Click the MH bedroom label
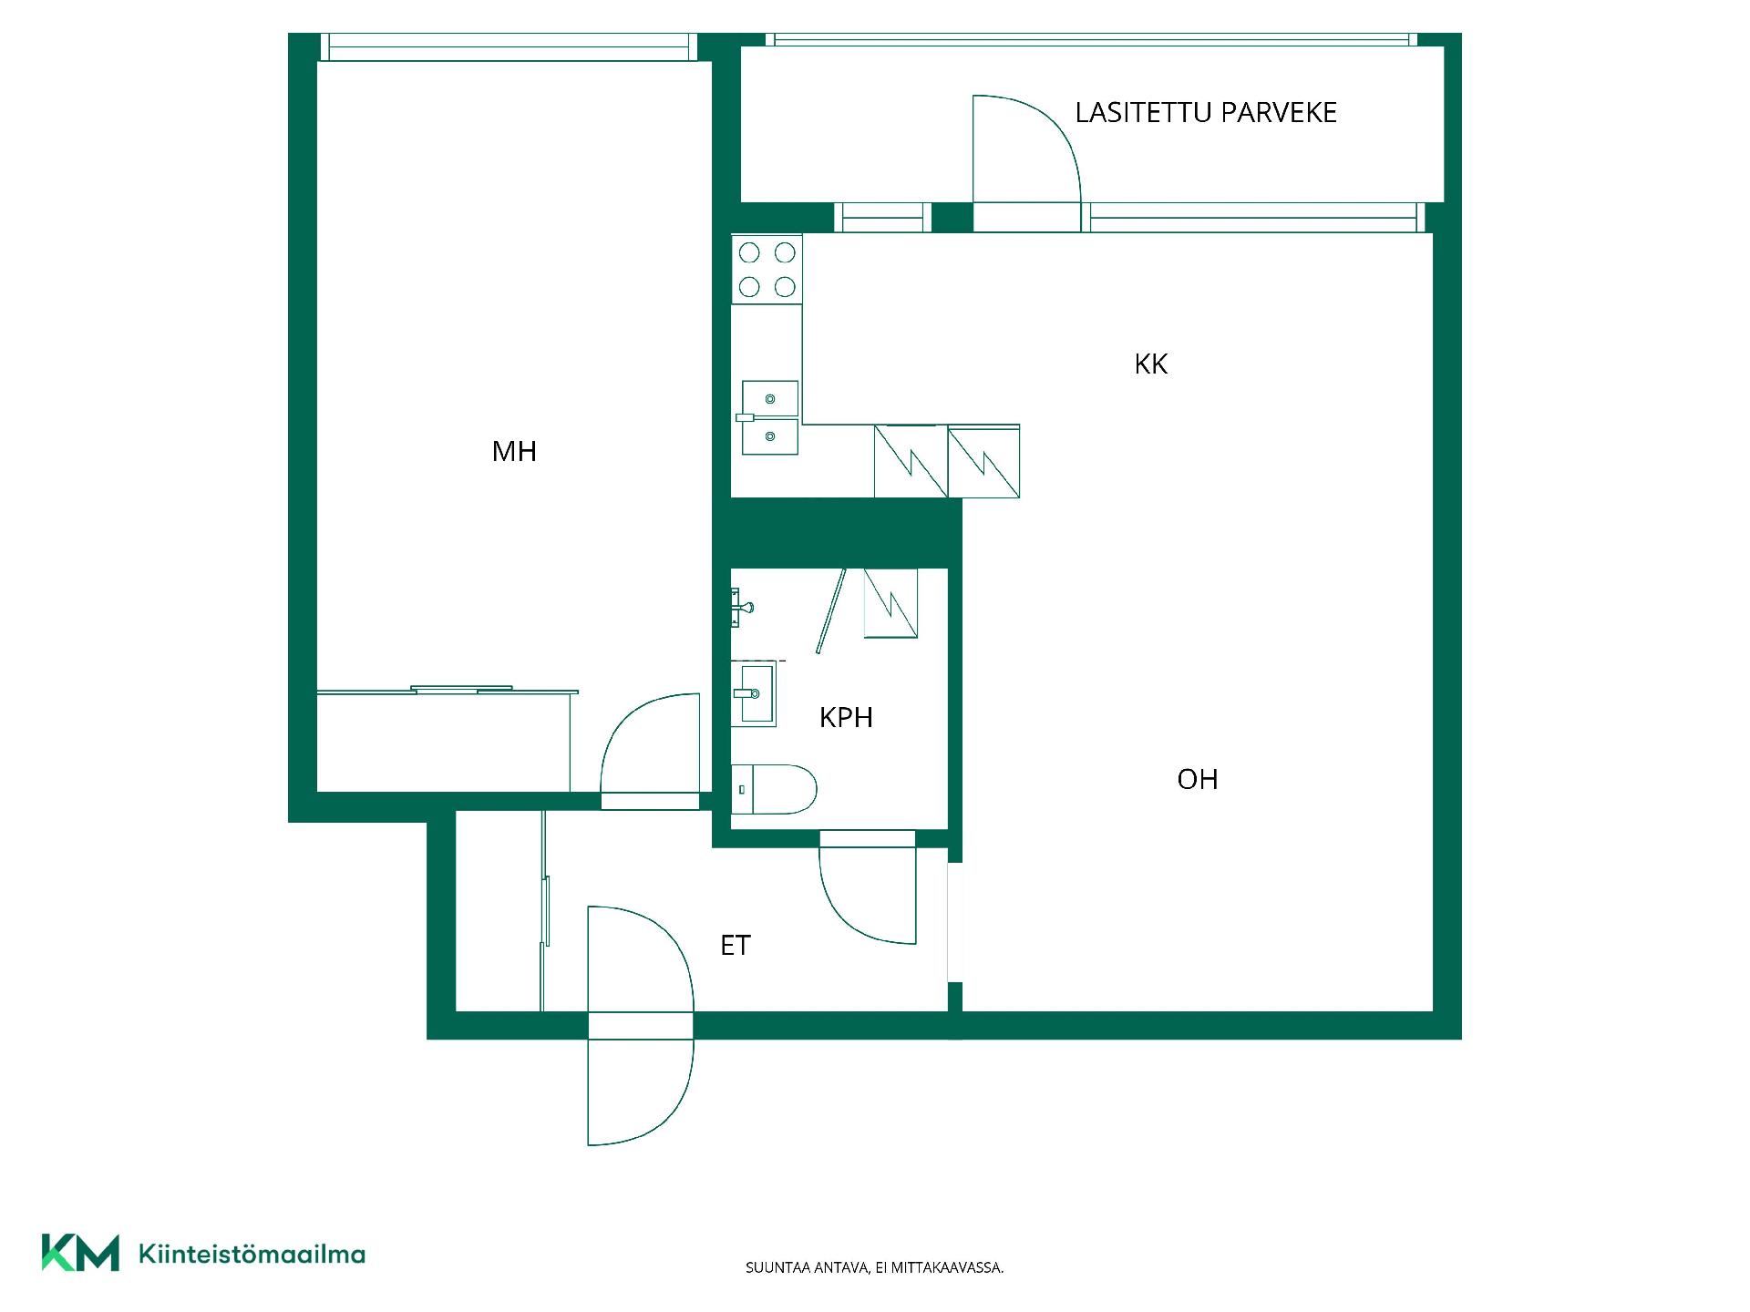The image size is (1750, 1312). [x=514, y=451]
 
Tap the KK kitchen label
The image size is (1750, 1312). [x=1151, y=364]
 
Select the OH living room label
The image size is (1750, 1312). [x=1198, y=779]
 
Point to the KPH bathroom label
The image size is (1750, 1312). [x=846, y=717]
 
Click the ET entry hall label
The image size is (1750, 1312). [x=736, y=946]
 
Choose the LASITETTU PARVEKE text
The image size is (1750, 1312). [x=1206, y=112]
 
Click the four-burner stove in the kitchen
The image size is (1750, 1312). [x=767, y=270]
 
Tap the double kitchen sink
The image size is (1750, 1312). [x=769, y=417]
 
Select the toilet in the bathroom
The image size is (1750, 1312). [x=774, y=789]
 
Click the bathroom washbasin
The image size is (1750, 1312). [x=754, y=693]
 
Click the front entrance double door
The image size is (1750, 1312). [x=641, y=1026]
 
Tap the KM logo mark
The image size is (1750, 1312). [x=80, y=1253]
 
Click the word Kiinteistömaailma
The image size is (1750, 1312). [x=252, y=1254]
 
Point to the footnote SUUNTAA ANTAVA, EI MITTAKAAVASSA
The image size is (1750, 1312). [x=875, y=1267]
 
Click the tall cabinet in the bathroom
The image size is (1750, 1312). [x=890, y=602]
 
